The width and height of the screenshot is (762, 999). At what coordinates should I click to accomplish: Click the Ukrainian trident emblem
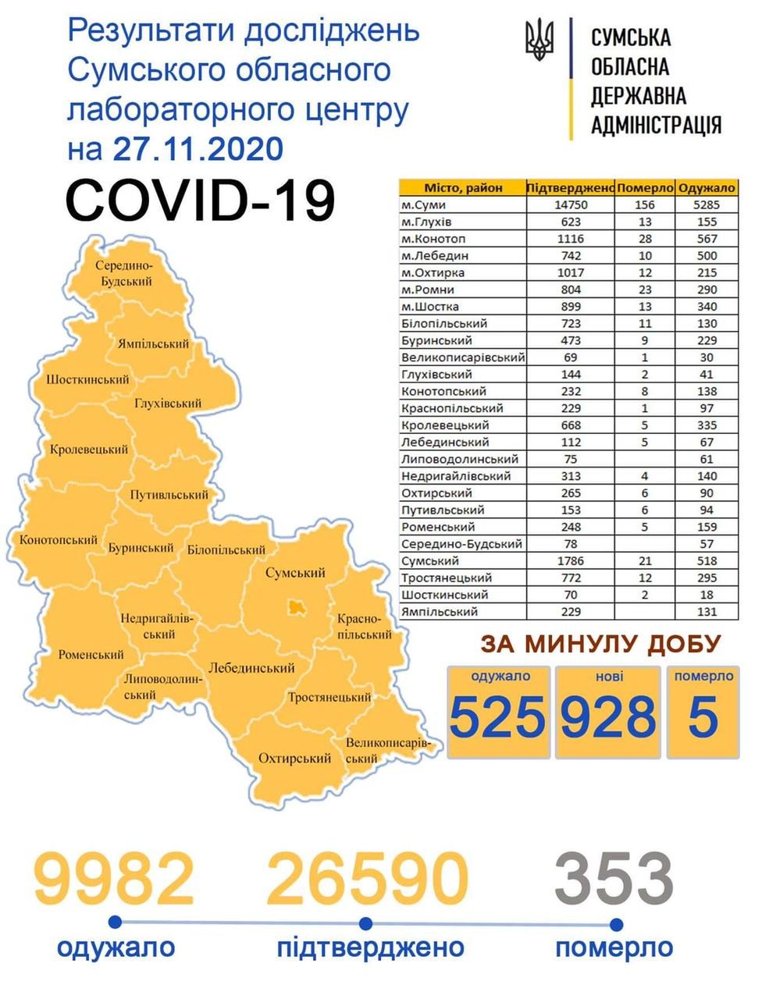(539, 41)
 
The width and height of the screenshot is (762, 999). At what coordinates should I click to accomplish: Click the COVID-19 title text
(201, 200)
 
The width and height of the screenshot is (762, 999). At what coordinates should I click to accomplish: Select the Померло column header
(645, 188)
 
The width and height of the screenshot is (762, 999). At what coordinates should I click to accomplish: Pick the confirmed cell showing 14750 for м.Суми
(571, 205)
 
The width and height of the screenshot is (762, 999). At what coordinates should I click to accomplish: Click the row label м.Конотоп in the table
(433, 239)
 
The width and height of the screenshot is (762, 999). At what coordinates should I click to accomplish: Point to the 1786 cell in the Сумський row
(571, 561)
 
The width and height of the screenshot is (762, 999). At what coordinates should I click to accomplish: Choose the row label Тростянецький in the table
(447, 578)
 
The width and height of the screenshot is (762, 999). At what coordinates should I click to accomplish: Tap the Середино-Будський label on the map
(125, 273)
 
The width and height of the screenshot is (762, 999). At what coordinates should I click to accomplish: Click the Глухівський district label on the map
(168, 404)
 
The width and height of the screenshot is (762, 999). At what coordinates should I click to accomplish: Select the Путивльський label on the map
(169, 495)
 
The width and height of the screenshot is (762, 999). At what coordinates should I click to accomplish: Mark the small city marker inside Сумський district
(297, 606)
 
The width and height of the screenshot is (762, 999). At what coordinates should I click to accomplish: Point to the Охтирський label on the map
(295, 758)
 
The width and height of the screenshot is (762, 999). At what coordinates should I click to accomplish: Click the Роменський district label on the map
(91, 655)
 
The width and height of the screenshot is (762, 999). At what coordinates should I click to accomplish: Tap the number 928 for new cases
(609, 716)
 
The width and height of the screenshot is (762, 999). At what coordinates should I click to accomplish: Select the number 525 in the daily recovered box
(497, 716)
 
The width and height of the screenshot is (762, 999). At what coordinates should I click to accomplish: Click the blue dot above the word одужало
(116, 923)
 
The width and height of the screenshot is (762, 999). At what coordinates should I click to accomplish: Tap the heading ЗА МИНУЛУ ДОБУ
(600, 645)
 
